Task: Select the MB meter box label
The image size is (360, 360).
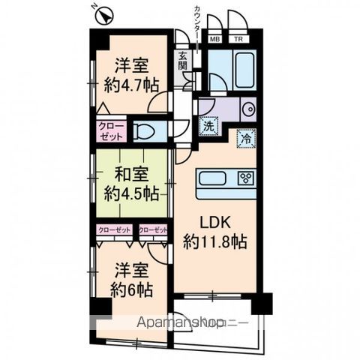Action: tap(214, 40)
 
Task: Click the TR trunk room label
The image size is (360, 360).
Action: tap(238, 40)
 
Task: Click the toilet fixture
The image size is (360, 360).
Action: tap(148, 132)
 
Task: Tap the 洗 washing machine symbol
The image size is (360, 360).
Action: tap(208, 126)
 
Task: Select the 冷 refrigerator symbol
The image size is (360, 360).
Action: tap(244, 138)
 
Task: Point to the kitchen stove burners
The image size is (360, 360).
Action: tap(245, 178)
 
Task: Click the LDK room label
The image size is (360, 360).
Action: tap(213, 223)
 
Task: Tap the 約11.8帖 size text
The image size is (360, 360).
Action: tap(214, 242)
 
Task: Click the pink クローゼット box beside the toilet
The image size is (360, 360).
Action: tap(111, 131)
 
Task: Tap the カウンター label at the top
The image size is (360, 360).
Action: tap(196, 22)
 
